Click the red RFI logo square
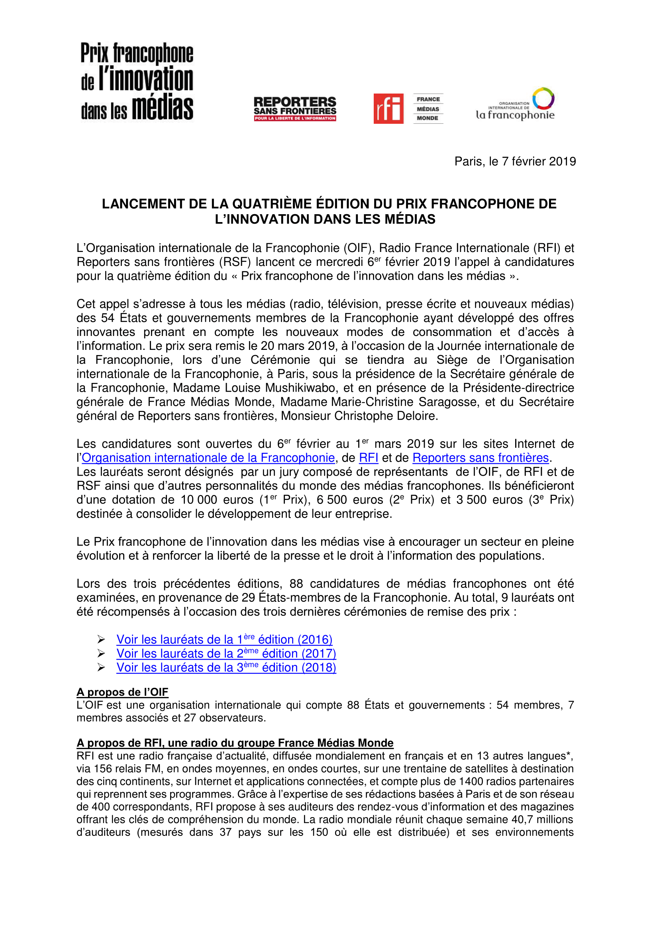388,108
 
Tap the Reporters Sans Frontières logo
295,109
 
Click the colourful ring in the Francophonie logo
543,99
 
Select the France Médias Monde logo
428,109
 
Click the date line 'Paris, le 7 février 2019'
515,161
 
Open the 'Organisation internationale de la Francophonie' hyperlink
208,458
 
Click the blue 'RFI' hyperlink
369,458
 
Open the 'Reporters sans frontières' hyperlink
481,458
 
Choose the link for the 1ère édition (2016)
224,640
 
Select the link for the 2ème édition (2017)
226,654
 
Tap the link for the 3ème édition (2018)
226,668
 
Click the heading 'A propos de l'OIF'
122,692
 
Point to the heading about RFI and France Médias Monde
235,743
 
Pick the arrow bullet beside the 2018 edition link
101,668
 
